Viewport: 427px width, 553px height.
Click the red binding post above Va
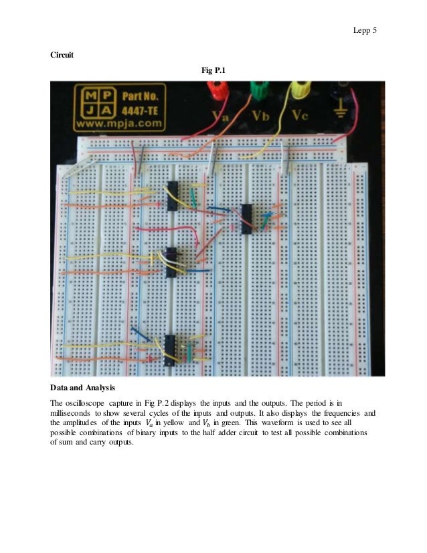(x=217, y=88)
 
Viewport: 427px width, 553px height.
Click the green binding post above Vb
(x=257, y=88)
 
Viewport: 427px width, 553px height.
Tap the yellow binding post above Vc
(x=298, y=88)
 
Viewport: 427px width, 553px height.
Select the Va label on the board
(x=221, y=116)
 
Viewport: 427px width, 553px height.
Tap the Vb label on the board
(x=261, y=116)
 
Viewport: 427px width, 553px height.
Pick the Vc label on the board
(x=301, y=116)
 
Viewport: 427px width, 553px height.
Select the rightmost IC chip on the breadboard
(x=246, y=218)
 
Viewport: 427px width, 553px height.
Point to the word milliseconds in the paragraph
(x=74, y=414)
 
